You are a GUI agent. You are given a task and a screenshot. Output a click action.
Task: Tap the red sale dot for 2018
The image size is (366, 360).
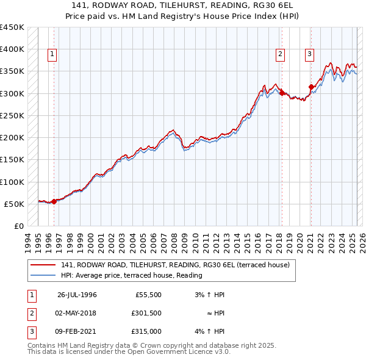(x=282, y=93)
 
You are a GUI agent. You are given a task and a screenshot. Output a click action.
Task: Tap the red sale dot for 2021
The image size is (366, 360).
(x=311, y=87)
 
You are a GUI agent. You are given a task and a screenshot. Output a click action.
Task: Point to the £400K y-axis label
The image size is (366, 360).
(x=12, y=49)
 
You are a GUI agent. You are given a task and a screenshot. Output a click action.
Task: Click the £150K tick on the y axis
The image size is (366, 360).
(x=12, y=160)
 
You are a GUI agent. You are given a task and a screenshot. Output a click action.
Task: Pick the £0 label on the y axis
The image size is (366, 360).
(x=18, y=226)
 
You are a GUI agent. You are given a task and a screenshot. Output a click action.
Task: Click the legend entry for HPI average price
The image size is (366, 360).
(x=131, y=275)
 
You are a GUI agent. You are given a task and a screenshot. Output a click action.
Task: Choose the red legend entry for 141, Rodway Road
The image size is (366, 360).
(x=179, y=265)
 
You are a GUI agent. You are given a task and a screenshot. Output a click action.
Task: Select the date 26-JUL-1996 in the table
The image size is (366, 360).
(x=77, y=295)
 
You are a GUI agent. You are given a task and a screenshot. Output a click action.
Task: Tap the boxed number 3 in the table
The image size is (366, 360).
(x=30, y=331)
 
